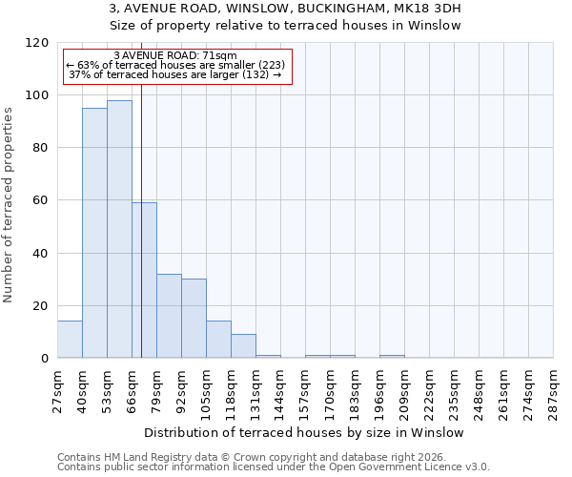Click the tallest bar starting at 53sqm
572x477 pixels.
(x=119, y=229)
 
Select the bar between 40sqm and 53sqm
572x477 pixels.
(x=94, y=233)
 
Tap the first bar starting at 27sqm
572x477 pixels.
(x=70, y=340)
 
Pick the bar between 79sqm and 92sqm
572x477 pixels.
(x=169, y=316)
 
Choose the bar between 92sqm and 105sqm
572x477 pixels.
(x=194, y=319)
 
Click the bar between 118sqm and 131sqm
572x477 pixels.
(x=243, y=346)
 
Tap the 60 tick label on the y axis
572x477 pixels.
(x=41, y=200)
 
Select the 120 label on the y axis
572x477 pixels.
(x=37, y=43)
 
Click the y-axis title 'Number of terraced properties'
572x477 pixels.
(x=9, y=204)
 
